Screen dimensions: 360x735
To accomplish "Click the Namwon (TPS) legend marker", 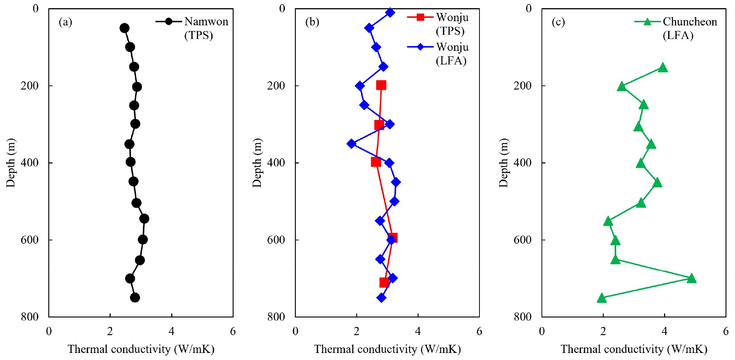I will coord(169,22).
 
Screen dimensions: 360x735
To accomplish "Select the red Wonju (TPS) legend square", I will coord(420,17).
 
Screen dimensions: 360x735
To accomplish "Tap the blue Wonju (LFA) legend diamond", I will coord(420,47).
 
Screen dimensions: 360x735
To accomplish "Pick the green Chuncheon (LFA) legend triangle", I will coord(647,22).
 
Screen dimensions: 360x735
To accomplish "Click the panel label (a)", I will coord(65,22).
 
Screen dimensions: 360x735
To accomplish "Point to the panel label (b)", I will coord(312,22).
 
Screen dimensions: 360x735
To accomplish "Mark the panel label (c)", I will coord(558,22).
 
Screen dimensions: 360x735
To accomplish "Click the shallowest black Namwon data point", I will coord(124,28).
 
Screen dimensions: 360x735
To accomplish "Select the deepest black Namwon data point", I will coord(135,298).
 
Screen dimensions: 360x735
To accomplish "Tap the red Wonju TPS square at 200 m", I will coord(381,85).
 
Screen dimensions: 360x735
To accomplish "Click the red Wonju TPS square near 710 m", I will coord(384,283).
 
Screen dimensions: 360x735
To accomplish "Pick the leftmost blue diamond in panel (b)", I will coord(351,144).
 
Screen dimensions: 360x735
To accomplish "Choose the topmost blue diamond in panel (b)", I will coord(390,13).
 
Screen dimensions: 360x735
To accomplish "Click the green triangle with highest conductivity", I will coord(691,278).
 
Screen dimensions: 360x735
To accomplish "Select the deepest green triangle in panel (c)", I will coord(602,298).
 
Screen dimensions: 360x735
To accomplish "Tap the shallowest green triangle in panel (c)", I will coord(663,68).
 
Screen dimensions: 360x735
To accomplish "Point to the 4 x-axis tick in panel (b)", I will coord(418,331).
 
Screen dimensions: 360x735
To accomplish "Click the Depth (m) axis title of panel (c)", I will coord(503,163).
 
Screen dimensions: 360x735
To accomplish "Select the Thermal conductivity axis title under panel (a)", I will coord(141,349).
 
